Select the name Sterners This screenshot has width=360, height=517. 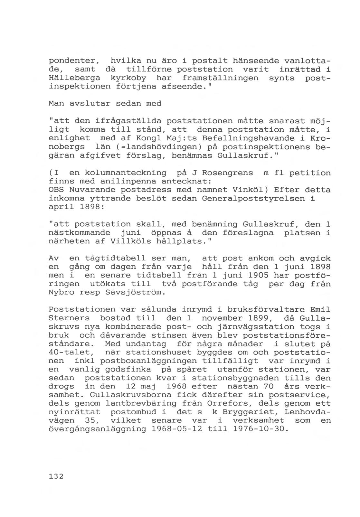(69, 318)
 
